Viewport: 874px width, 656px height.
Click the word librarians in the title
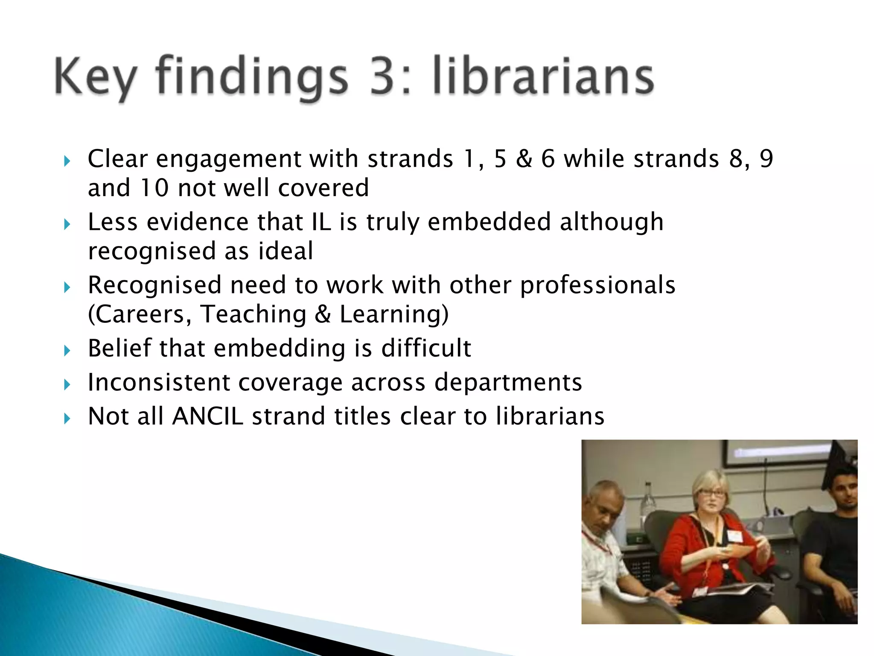click(543, 77)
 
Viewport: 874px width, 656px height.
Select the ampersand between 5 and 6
click(524, 159)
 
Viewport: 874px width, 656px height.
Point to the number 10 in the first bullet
click(154, 188)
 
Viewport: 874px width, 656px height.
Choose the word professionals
click(597, 285)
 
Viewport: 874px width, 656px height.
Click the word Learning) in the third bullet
click(394, 314)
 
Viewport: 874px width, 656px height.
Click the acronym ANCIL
click(208, 416)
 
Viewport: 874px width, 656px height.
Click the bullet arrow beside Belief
click(67, 351)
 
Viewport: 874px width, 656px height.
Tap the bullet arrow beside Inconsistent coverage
click(67, 385)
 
